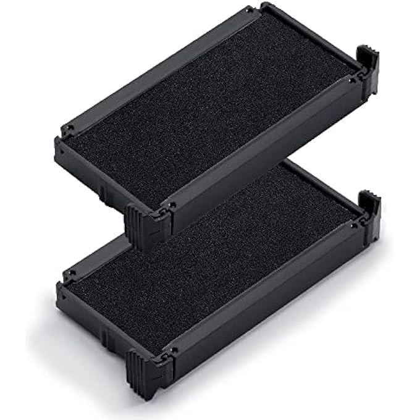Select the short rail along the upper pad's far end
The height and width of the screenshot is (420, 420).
coord(309,37)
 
